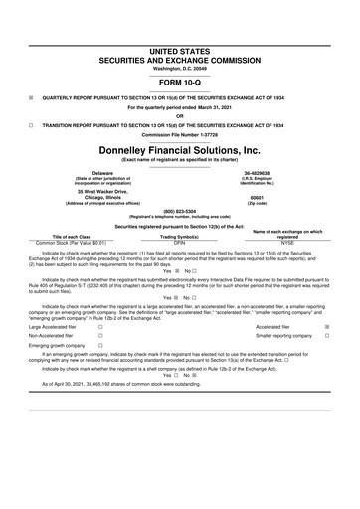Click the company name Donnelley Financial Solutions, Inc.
coord(180,149)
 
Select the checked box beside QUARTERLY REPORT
coord(31,97)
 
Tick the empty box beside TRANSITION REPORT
coord(31,126)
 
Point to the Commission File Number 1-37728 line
coord(180,135)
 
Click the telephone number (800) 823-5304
coord(180,211)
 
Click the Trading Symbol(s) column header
coord(180,236)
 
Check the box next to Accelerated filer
coord(341,325)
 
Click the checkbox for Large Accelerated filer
coord(101,325)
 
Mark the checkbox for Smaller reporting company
coord(341,336)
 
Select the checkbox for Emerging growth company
coord(101,346)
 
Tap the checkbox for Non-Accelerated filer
coord(101,336)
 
